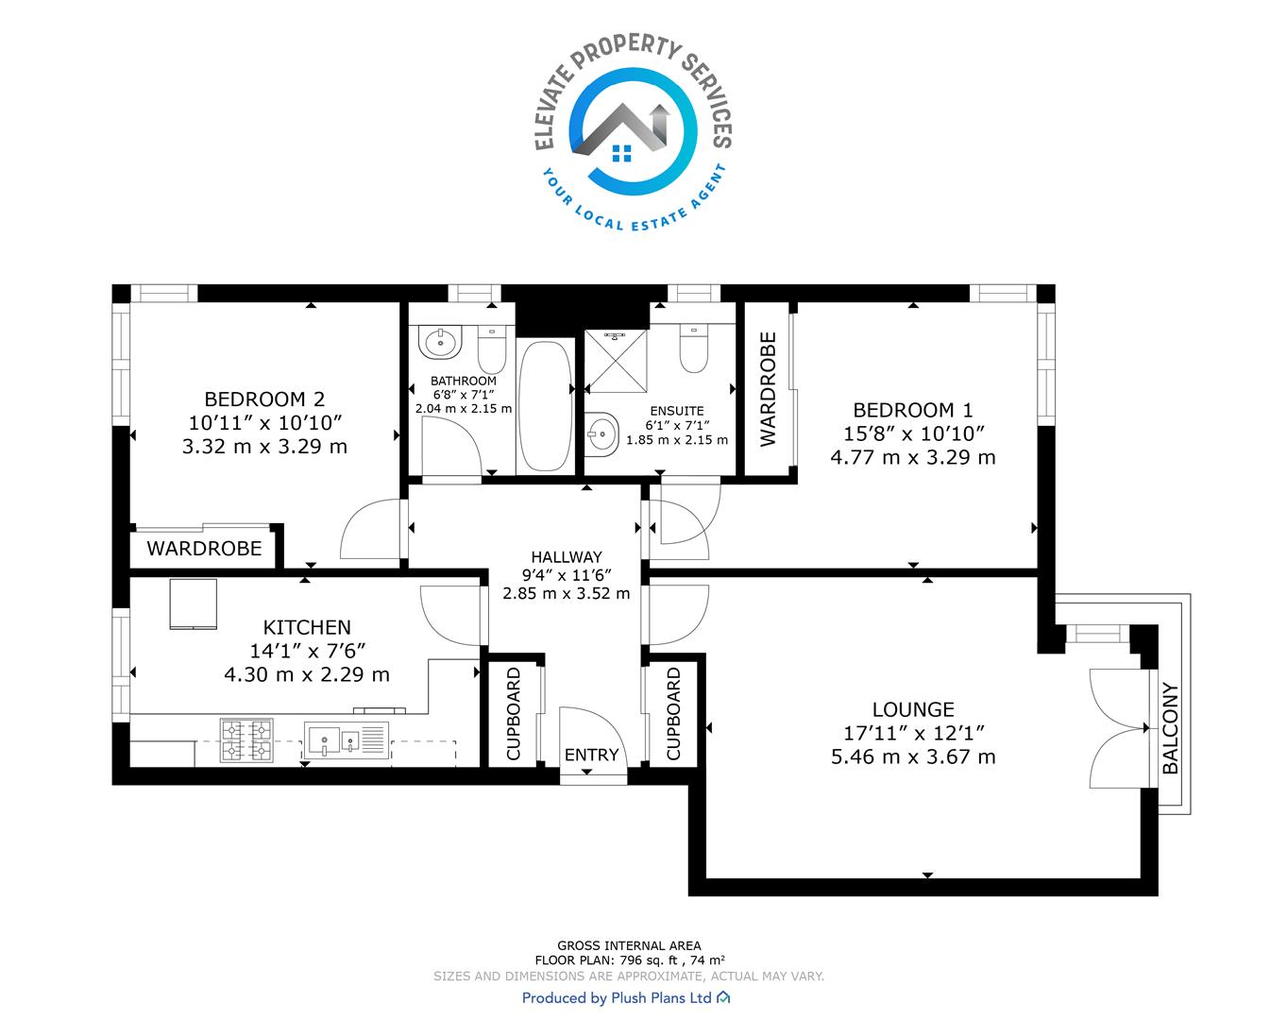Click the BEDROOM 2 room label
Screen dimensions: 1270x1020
click(264, 399)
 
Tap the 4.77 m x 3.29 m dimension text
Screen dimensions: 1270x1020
click(913, 457)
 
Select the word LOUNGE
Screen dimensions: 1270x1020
click(913, 709)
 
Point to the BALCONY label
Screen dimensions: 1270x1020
click(1170, 728)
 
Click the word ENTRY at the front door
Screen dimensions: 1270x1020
click(591, 755)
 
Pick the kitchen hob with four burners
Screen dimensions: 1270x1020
click(246, 740)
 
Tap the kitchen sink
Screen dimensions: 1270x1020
click(347, 740)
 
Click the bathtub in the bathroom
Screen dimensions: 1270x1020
click(546, 406)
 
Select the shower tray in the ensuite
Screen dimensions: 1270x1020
click(615, 361)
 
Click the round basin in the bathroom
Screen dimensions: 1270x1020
click(440, 342)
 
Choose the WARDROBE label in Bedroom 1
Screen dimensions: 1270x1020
click(768, 389)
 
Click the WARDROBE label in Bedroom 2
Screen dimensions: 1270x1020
click(204, 549)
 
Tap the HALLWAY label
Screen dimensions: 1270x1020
click(567, 556)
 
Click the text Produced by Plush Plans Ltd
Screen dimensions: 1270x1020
click(617, 997)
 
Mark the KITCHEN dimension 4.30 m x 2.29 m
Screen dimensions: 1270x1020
click(307, 674)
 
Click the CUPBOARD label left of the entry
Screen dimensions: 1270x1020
click(514, 713)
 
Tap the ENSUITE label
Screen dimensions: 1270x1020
click(677, 411)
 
